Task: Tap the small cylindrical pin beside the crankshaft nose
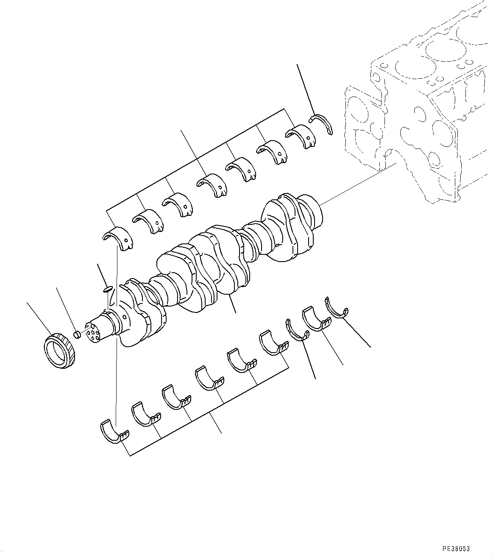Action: coord(77,335)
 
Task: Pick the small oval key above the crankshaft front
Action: coord(108,289)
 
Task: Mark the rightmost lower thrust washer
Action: coord(337,308)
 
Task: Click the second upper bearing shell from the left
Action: coord(148,220)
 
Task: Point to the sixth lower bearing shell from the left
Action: coord(273,342)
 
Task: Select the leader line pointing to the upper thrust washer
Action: coord(305,89)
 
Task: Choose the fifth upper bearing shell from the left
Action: coord(241,169)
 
